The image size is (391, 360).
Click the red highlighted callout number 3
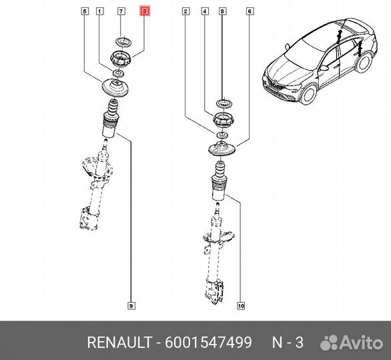[x=145, y=11]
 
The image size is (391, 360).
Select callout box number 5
[x=85, y=11]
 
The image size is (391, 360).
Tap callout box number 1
[x=99, y=11]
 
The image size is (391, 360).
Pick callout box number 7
[x=121, y=11]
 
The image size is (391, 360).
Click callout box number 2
[x=185, y=11]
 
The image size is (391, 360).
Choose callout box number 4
[x=205, y=11]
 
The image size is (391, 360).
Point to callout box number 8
[x=222, y=11]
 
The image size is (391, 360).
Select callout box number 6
[x=250, y=11]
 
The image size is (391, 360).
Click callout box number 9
[x=131, y=305]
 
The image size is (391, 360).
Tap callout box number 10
[x=241, y=305]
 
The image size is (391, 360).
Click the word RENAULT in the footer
[x=119, y=342]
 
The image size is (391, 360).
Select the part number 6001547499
[x=208, y=342]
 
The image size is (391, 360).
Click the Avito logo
[x=352, y=343]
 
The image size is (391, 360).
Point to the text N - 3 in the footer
[x=288, y=342]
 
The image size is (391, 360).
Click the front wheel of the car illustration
[x=309, y=94]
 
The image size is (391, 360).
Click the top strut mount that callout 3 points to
[x=121, y=59]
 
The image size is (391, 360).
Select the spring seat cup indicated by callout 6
[x=222, y=149]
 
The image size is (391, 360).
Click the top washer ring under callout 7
[x=123, y=43]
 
